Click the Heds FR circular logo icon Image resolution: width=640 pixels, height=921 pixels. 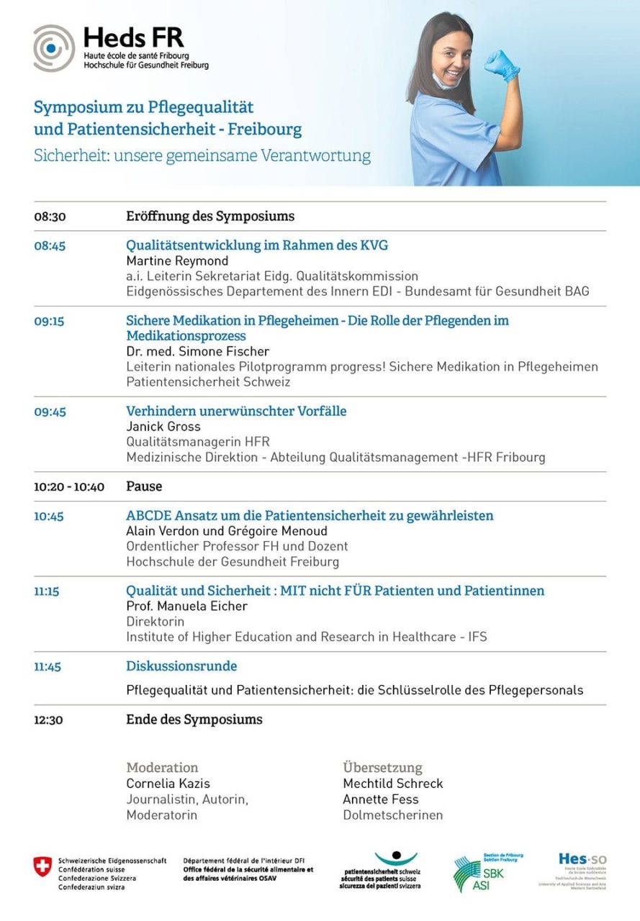53,47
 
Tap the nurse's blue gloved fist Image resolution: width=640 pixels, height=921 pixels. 502,65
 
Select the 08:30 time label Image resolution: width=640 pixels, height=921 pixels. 50,217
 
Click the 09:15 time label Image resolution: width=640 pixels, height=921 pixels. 49,321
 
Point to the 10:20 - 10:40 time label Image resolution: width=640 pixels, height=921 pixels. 69,487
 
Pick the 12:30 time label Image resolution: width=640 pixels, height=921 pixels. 48,720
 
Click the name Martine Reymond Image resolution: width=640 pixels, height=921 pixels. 177,261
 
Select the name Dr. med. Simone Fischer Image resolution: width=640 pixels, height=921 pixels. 198,352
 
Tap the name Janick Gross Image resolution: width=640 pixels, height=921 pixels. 163,427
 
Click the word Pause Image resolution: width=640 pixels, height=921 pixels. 144,486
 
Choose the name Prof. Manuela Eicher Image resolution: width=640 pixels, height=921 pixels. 186,607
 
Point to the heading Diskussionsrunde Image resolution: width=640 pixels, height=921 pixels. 181,666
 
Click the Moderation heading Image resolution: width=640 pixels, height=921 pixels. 162,768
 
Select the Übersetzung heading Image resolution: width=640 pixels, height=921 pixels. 382,768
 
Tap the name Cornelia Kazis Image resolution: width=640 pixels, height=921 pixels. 168,784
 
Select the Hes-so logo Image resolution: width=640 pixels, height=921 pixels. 582,860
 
